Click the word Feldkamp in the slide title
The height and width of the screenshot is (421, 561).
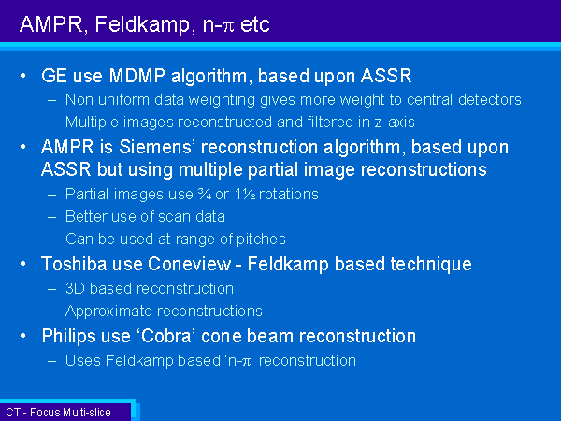143,25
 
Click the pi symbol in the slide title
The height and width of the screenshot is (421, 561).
228,26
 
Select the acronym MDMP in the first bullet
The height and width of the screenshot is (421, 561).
137,76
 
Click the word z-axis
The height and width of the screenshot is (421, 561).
395,123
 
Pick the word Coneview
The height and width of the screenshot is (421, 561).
190,264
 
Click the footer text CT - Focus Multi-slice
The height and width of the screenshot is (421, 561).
58,413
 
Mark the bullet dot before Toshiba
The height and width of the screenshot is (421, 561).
23,264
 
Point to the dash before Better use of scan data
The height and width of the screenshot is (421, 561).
51,217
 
